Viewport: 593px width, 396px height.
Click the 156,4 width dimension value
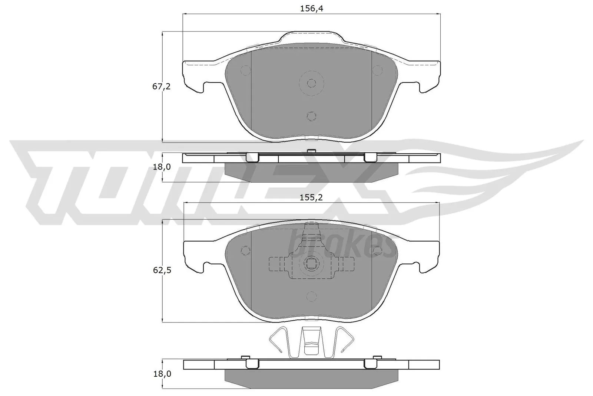pos(311,9)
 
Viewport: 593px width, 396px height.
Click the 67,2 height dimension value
pos(161,86)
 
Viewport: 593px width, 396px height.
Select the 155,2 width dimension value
pos(311,197)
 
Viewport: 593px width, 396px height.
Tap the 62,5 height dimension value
pos(161,270)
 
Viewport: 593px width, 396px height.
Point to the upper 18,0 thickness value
pos(161,167)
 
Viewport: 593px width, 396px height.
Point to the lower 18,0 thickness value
pos(161,374)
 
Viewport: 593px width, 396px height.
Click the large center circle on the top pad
pos(311,83)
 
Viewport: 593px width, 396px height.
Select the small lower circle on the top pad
pos(311,116)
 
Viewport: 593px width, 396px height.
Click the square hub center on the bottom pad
pos(311,264)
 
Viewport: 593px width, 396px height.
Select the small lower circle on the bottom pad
pos(311,296)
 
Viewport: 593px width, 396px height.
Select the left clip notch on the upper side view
pos(252,158)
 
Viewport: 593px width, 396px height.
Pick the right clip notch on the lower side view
pos(370,364)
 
